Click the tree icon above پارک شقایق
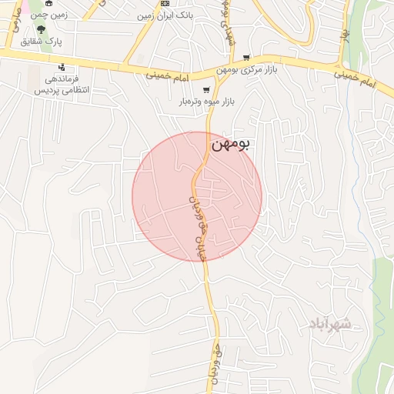(x=52, y=28)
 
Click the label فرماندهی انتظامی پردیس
(x=59, y=84)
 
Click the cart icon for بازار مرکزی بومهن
(x=246, y=57)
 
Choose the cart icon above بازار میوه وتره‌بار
(x=205, y=89)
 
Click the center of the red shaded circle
(x=197, y=196)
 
